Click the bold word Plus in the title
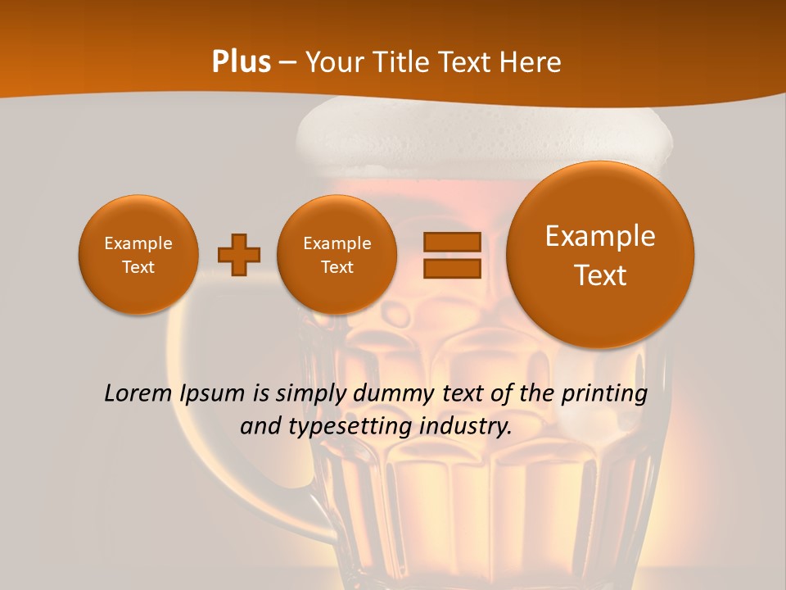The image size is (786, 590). coord(242,62)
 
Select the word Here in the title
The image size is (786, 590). coord(532,62)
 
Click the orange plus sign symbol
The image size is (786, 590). coord(239,255)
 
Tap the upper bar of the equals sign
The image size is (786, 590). coord(452,242)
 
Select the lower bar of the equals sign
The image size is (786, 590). coord(452,268)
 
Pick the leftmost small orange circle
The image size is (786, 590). coord(138,255)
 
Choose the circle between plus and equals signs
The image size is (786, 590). coord(337,255)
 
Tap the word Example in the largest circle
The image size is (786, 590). coord(600,236)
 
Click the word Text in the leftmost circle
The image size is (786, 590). coord(138,267)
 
